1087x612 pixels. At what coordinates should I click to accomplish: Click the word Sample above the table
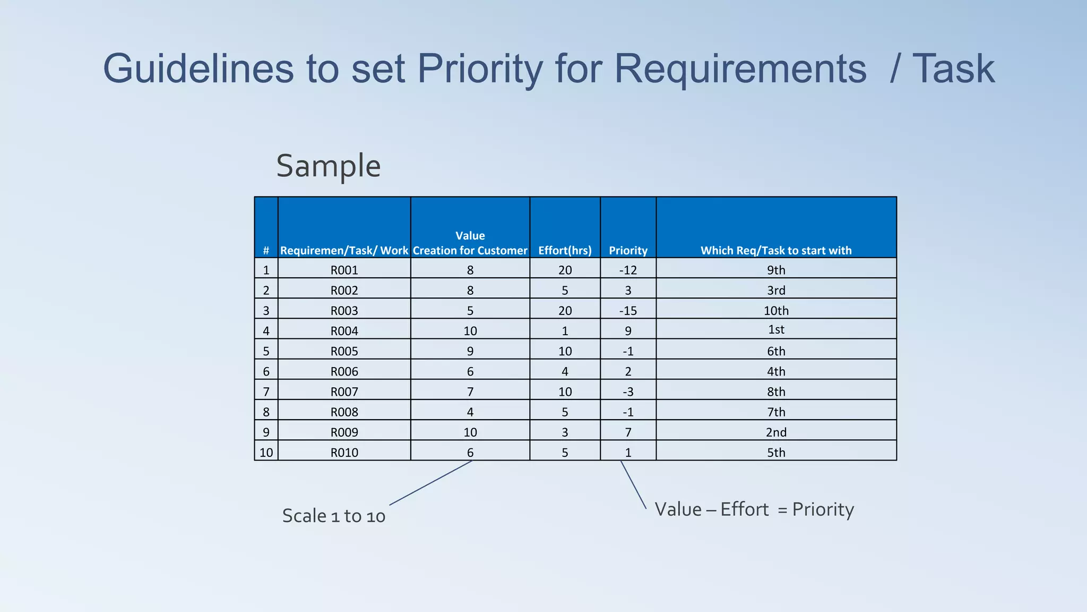(x=328, y=166)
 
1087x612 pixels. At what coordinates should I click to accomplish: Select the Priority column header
(x=628, y=250)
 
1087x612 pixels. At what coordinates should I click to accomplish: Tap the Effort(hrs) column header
(x=565, y=250)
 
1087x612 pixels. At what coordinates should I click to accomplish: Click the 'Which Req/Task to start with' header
(x=775, y=250)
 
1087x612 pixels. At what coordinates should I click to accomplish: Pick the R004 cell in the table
(x=344, y=331)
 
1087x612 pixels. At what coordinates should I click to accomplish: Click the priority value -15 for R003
(x=628, y=311)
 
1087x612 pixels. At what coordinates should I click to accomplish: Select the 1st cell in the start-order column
(x=776, y=329)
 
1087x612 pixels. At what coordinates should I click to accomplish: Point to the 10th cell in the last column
(x=776, y=311)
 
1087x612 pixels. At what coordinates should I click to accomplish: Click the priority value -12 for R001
(x=628, y=270)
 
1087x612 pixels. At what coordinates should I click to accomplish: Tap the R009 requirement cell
(x=344, y=432)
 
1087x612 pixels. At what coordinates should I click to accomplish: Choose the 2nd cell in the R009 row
(x=776, y=432)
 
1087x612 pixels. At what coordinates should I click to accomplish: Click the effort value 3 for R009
(x=565, y=432)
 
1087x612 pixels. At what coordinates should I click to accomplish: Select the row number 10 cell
(x=266, y=453)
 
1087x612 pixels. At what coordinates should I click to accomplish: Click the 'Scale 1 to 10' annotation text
(x=333, y=516)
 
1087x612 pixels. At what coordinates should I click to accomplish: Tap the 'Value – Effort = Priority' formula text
(x=754, y=509)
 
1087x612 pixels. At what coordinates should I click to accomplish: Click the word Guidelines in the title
(x=198, y=69)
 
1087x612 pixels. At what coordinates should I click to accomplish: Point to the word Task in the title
(x=953, y=69)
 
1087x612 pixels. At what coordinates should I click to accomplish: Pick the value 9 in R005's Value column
(x=470, y=351)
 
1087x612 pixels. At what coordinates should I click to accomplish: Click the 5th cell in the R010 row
(x=776, y=453)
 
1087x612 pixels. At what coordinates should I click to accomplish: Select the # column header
(x=266, y=250)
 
